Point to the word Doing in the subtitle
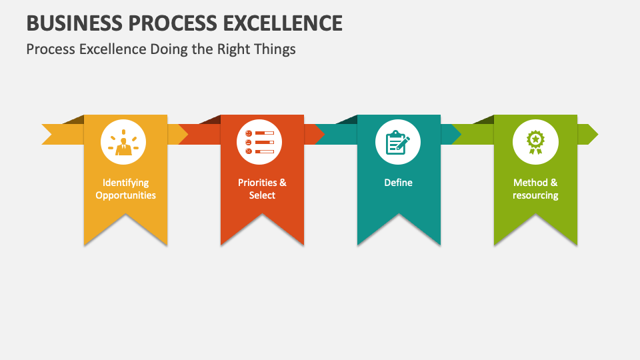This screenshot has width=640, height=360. pos(165,49)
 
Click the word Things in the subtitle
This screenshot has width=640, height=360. pos(273,49)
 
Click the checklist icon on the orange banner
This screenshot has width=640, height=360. pos(259,142)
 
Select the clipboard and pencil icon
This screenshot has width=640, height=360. pos(398,142)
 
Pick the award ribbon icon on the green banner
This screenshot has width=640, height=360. pos(535,142)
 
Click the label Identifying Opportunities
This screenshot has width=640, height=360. pos(125,189)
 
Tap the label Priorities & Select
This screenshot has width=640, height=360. pos(262,189)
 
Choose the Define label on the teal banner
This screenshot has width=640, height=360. pos(398,183)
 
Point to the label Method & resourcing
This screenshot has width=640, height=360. pos(535,189)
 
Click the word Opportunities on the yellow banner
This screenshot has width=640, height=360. pos(125,195)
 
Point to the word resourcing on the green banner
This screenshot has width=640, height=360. pos(535,195)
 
